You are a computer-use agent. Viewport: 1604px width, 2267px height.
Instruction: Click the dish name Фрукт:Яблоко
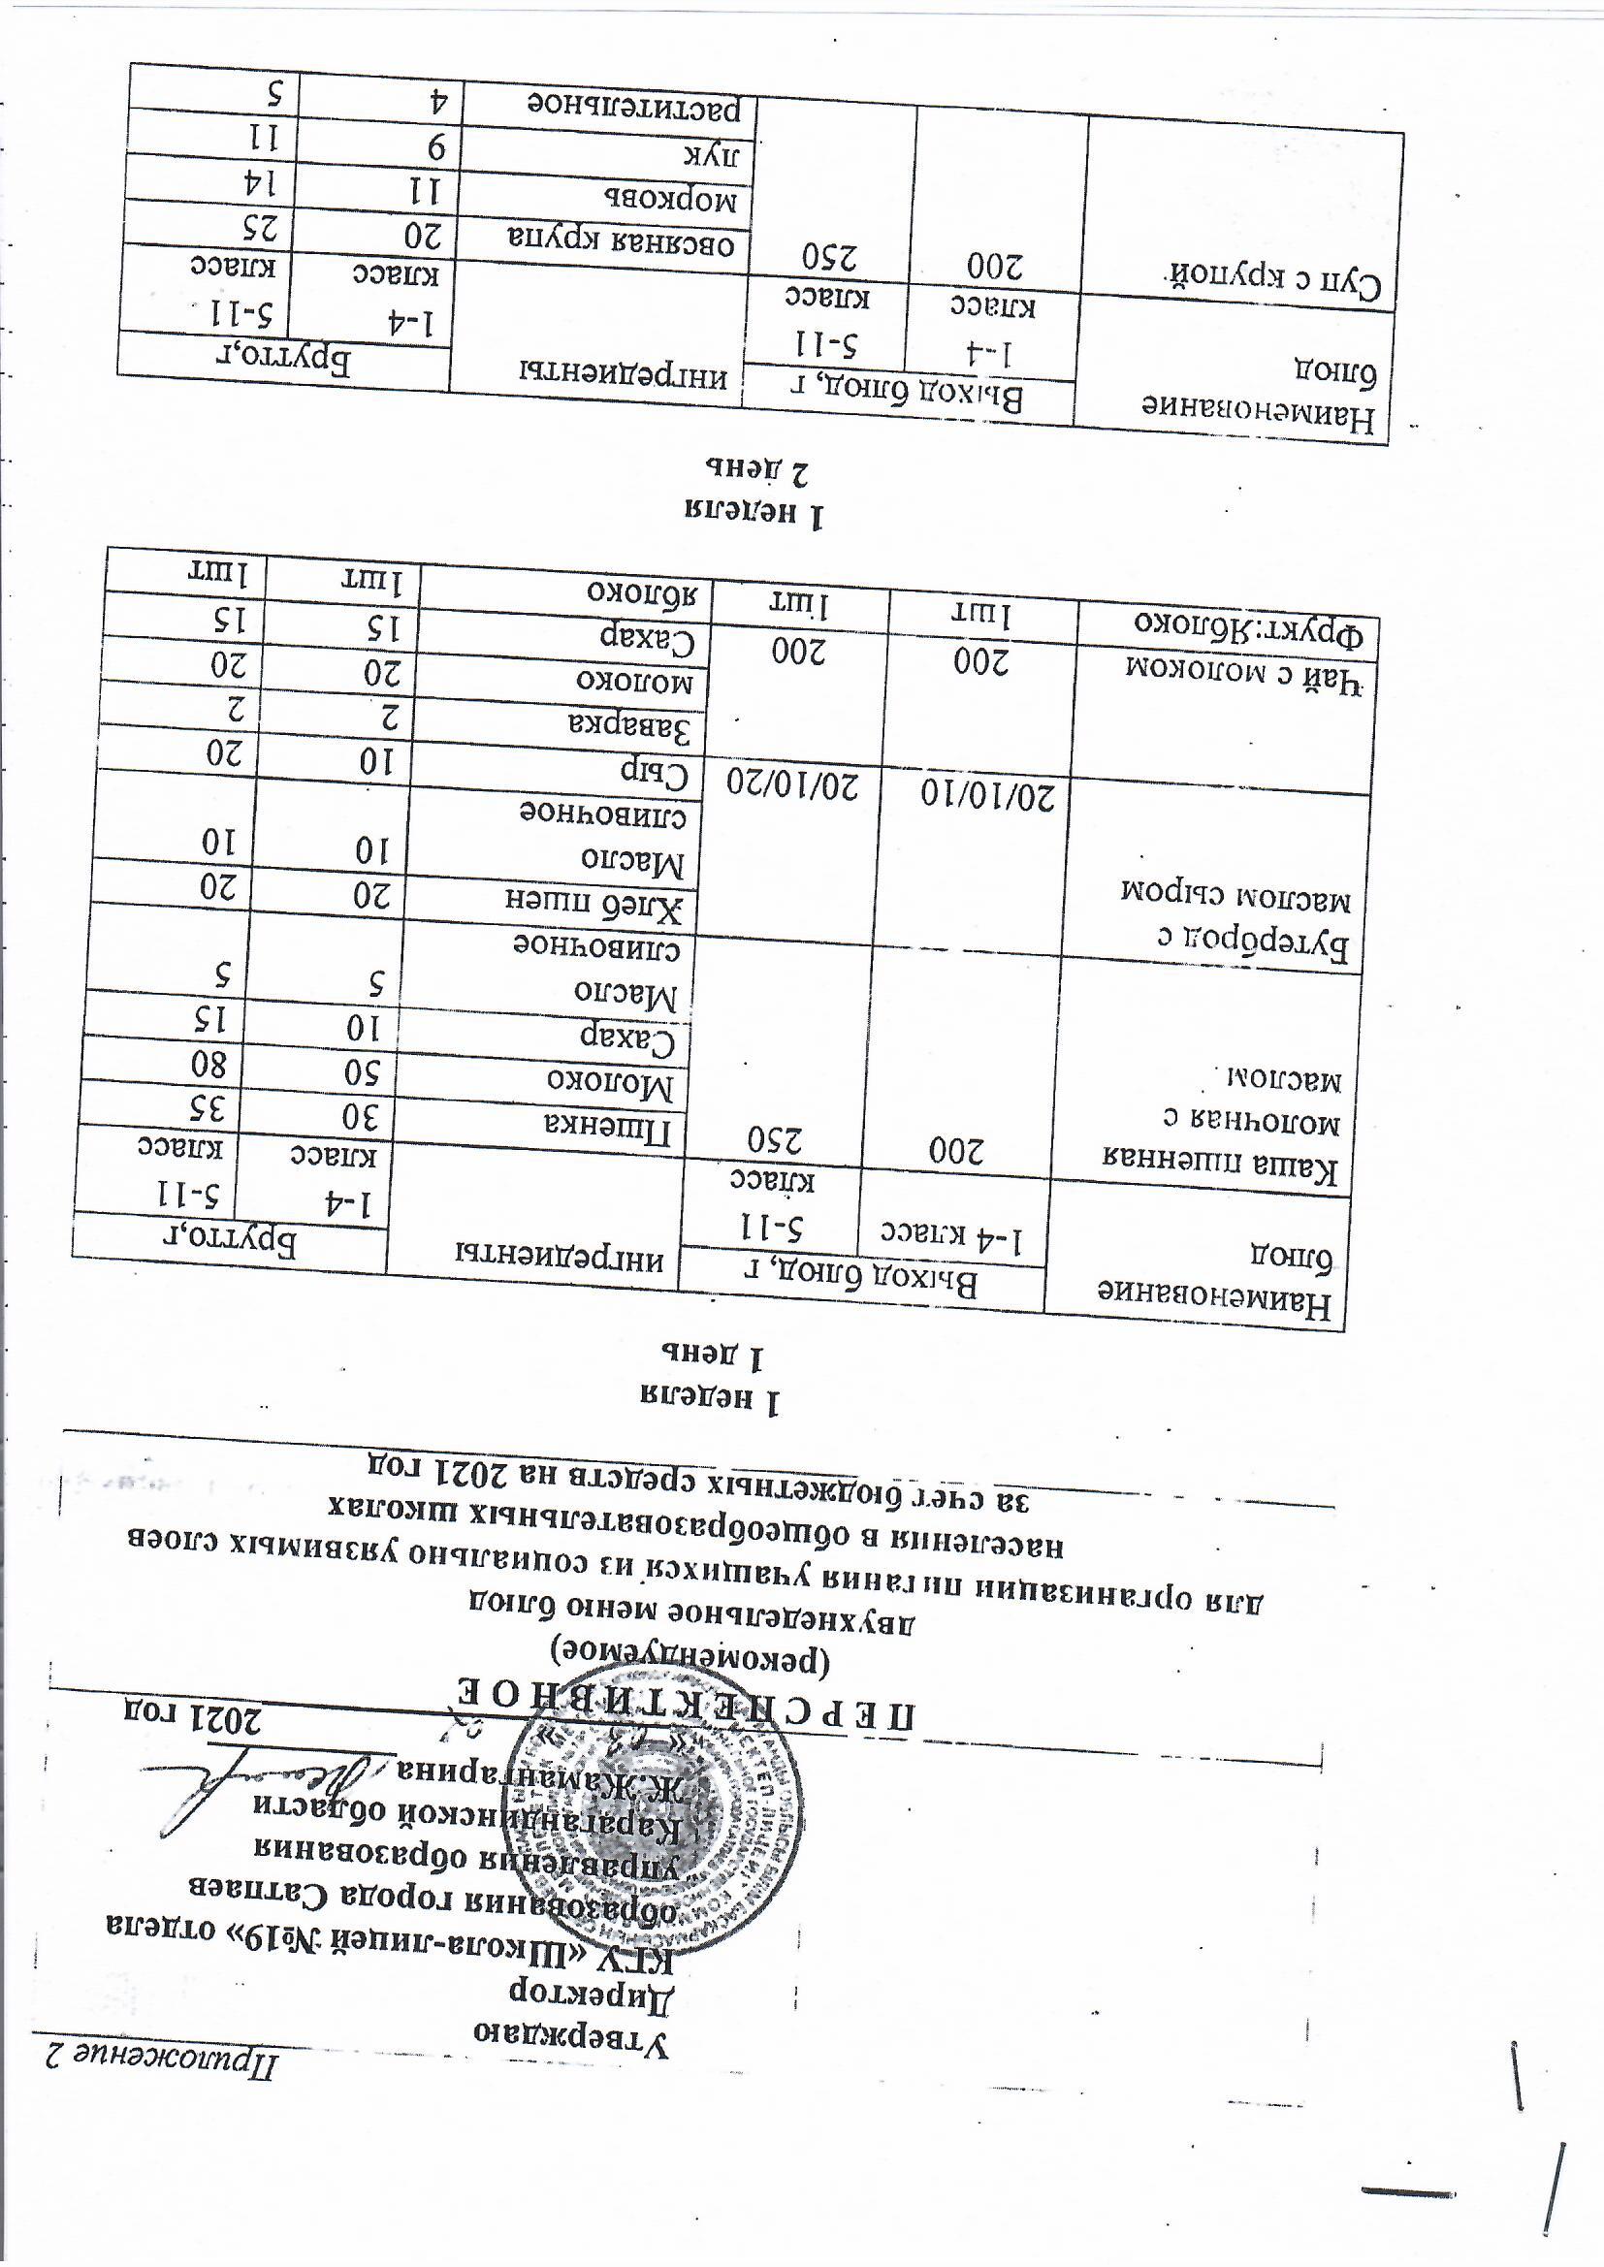[1248, 628]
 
